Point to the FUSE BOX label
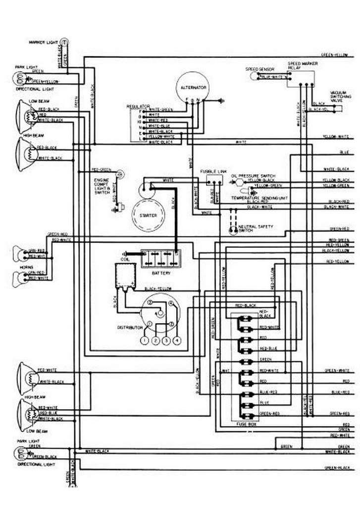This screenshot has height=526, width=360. (x=246, y=425)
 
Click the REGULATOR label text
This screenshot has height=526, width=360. (x=135, y=106)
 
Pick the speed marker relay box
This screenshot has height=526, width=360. (x=303, y=78)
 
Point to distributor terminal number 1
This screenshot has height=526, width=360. (x=144, y=341)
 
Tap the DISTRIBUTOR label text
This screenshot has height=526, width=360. (x=130, y=328)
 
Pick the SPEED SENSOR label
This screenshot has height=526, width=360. (x=257, y=69)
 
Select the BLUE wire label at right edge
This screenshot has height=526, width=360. (x=344, y=150)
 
